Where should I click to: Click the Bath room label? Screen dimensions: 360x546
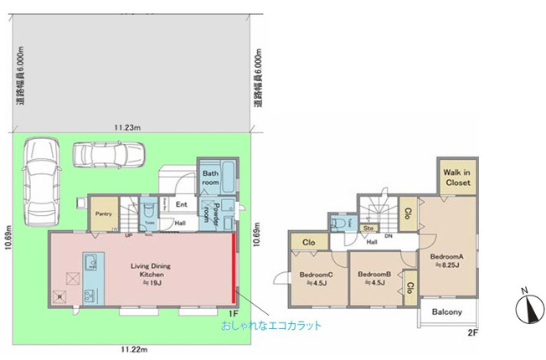click(210, 179)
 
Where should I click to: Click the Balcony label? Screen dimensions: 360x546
click(446, 313)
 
